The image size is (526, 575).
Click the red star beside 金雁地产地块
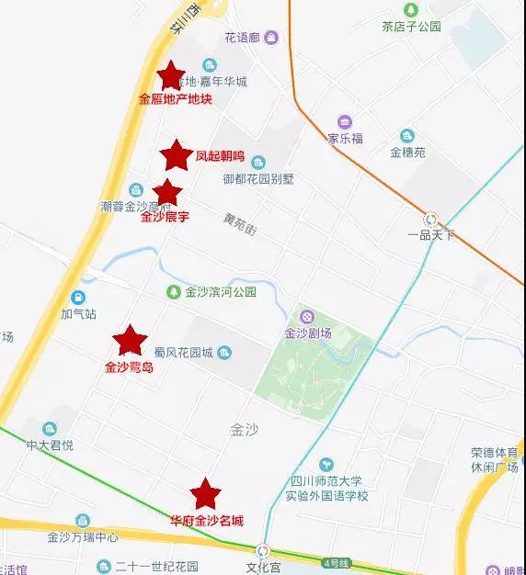(x=171, y=75)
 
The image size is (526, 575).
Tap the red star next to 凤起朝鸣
(x=176, y=155)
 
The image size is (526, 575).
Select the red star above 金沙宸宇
(x=166, y=193)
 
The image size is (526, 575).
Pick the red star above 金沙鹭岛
(x=130, y=341)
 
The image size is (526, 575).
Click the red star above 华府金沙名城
(x=205, y=494)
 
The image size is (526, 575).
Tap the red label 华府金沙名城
(x=207, y=521)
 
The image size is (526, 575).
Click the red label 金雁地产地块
(x=175, y=99)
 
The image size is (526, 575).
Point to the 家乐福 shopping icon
(x=345, y=122)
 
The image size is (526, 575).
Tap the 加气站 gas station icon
(x=79, y=297)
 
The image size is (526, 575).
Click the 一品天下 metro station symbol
(x=431, y=219)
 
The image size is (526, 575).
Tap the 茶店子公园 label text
(x=411, y=27)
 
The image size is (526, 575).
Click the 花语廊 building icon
(x=272, y=38)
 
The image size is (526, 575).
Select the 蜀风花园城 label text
(x=183, y=353)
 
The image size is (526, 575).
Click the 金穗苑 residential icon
(x=407, y=136)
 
